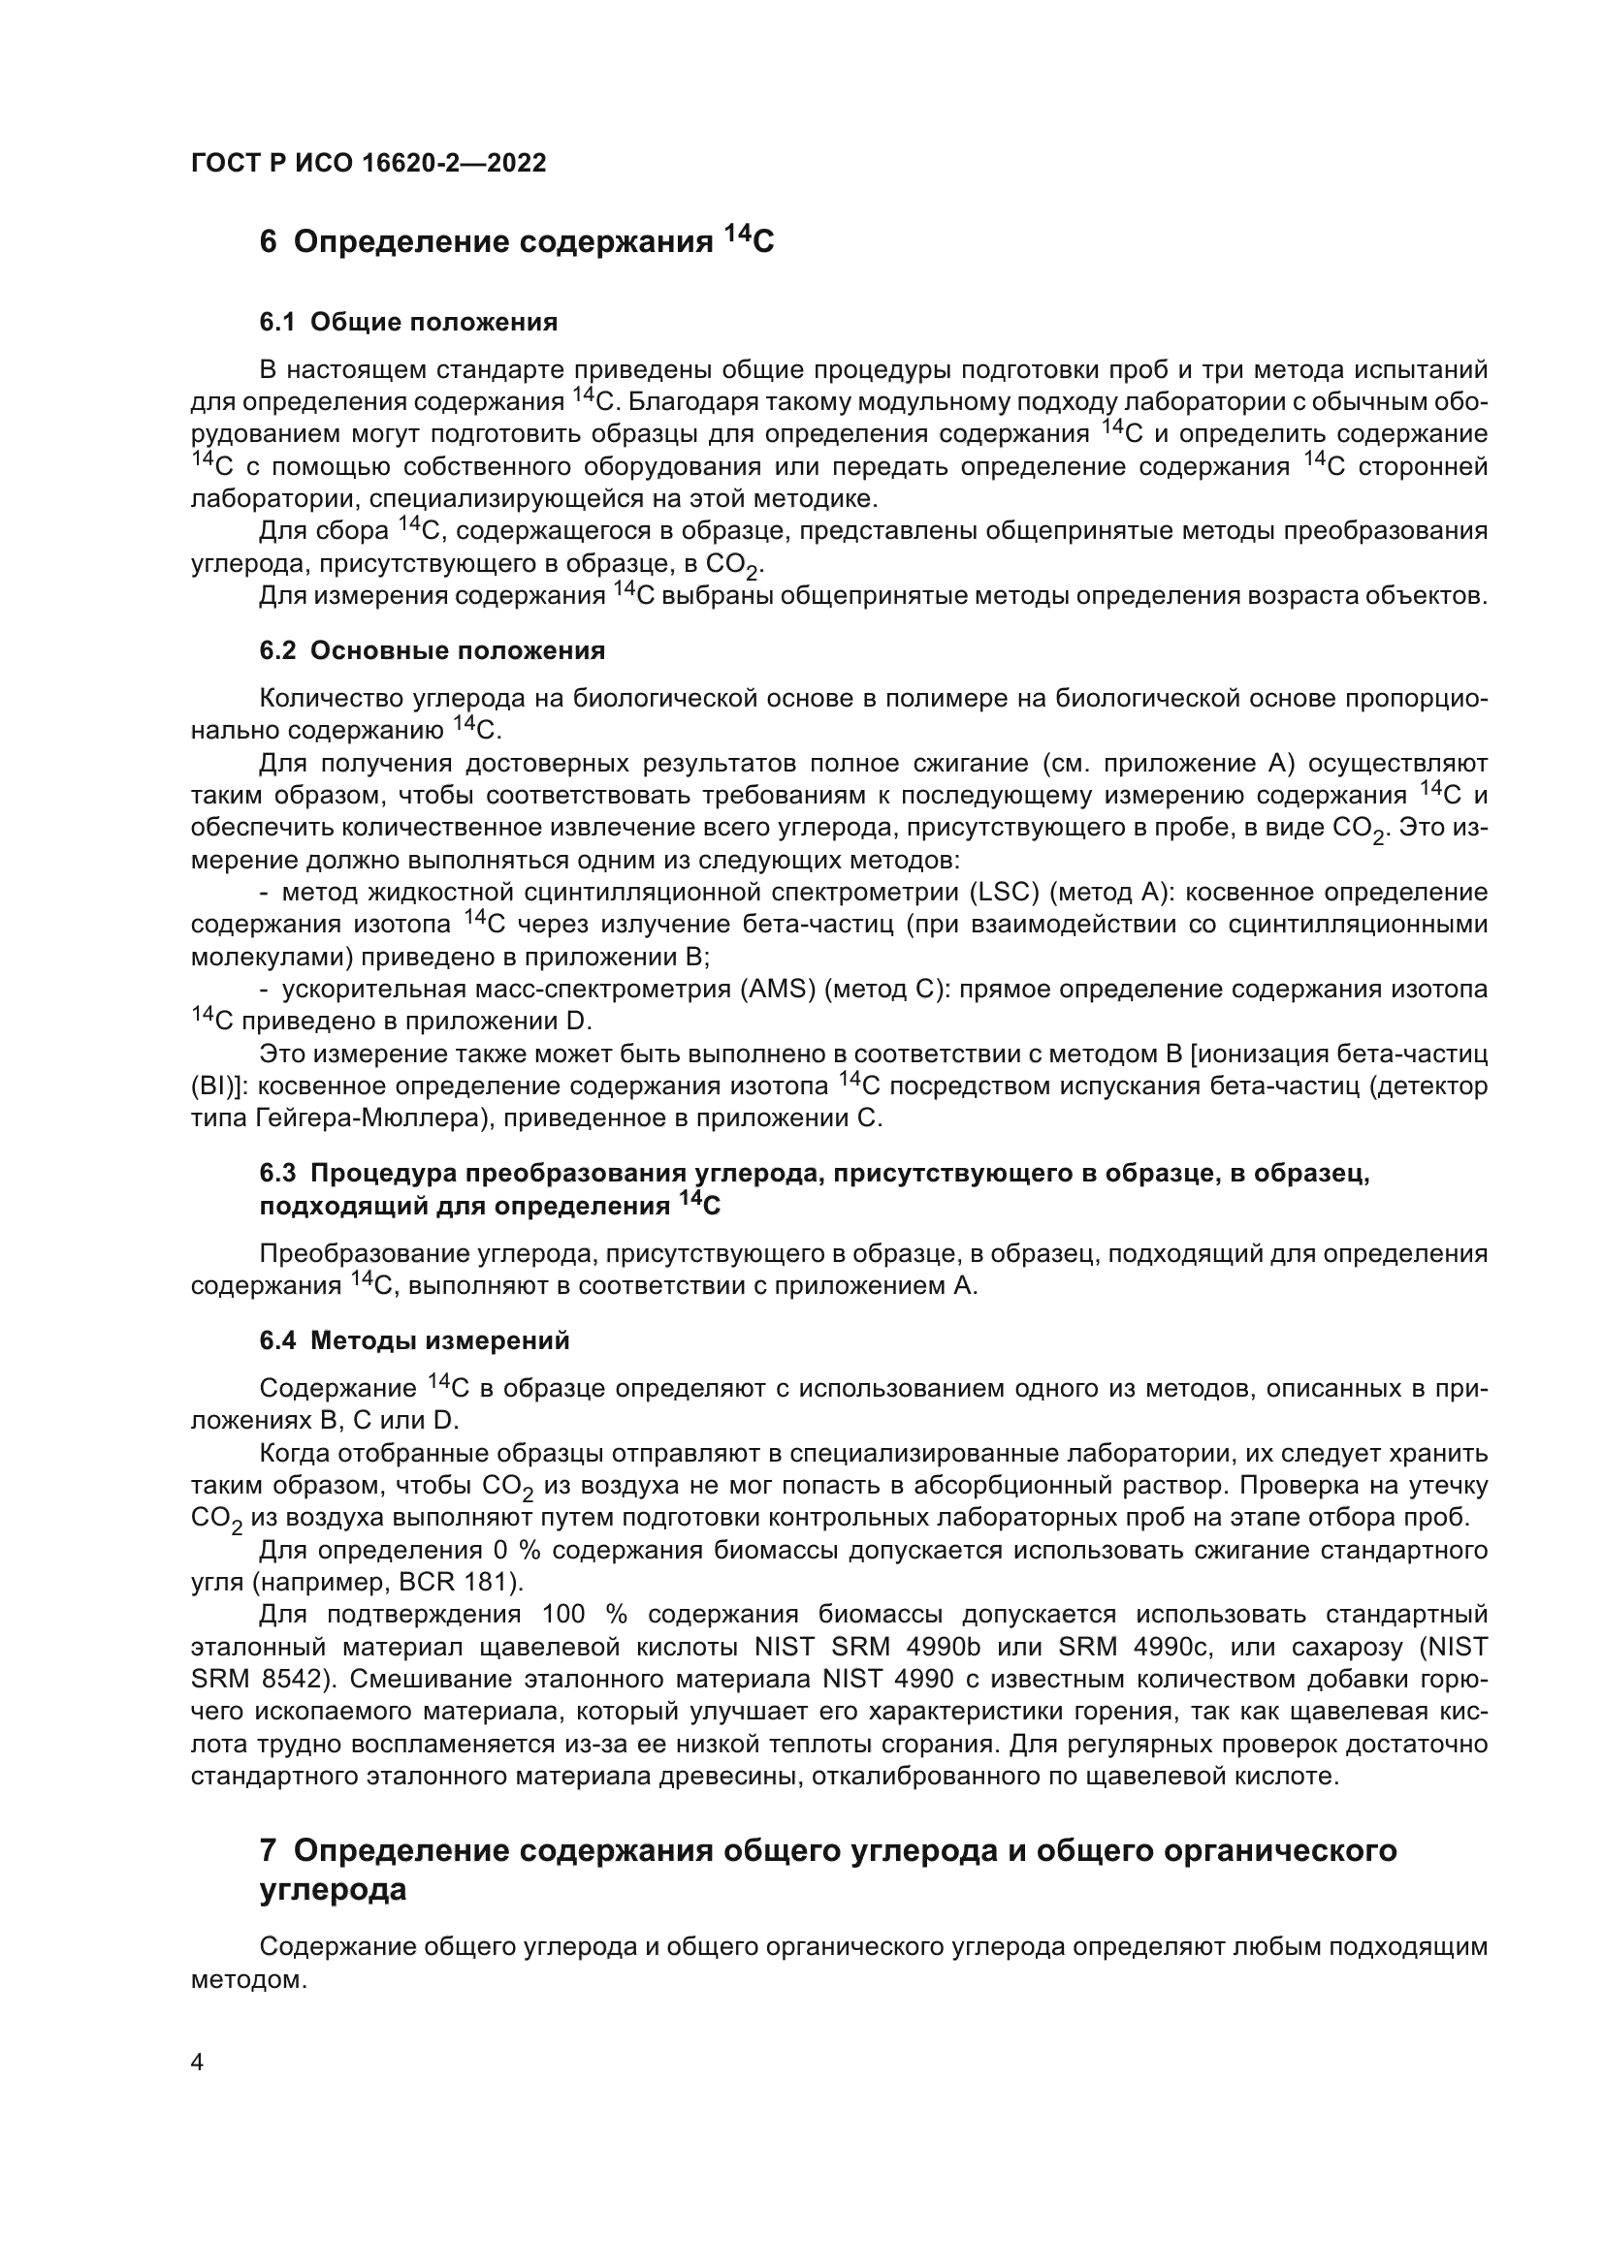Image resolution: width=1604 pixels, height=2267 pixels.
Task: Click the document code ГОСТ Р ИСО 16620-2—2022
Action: (369, 164)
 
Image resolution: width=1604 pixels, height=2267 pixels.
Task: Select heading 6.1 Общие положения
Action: (408, 322)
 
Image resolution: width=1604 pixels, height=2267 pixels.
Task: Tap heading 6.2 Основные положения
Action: (432, 650)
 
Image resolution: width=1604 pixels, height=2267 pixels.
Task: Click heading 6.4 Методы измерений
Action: (414, 1340)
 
